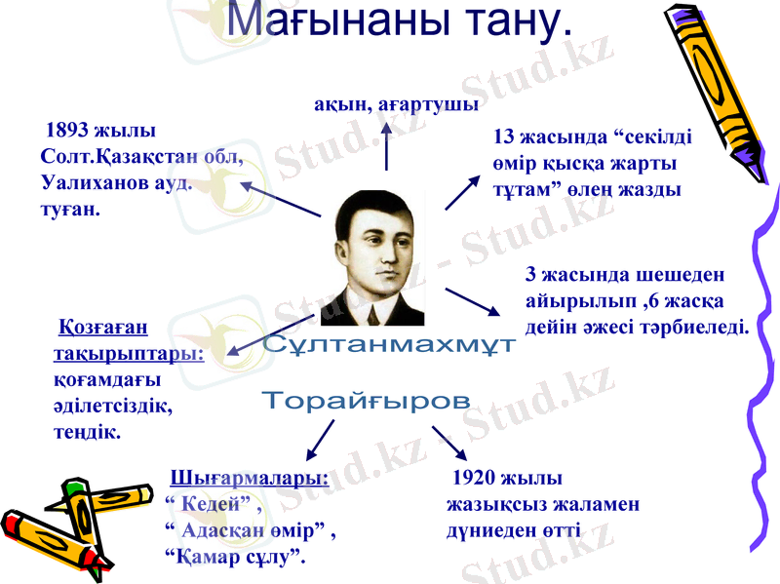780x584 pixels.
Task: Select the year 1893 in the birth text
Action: click(68, 131)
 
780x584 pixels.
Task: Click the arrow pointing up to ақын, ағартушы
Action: click(387, 143)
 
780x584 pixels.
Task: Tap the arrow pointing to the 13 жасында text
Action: click(462, 192)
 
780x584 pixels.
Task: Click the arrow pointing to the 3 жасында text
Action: click(473, 301)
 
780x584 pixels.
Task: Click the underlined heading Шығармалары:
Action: click(250, 479)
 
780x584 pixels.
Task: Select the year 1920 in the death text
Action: click(474, 479)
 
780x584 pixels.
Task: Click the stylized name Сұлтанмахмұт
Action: click(388, 345)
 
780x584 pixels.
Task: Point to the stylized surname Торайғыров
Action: click(367, 401)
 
